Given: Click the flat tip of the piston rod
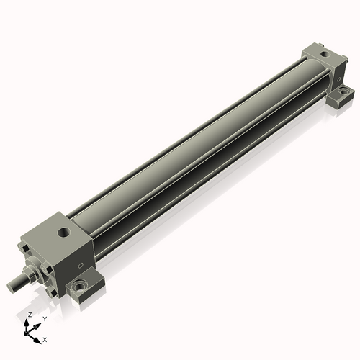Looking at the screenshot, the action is tap(11, 287).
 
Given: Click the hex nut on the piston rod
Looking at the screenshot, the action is tap(27, 275).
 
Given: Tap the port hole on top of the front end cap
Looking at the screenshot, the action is tap(65, 233).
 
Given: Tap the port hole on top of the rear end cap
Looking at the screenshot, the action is tap(325, 54).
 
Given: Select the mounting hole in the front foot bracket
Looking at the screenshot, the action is tap(79, 287).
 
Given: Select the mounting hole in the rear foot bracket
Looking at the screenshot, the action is tap(343, 91).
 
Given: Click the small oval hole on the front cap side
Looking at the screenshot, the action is tap(81, 265).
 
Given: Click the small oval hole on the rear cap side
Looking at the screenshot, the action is tap(339, 79).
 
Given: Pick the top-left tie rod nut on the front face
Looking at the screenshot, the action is tap(23, 248).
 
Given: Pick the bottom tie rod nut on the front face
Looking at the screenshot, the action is tap(51, 292).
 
